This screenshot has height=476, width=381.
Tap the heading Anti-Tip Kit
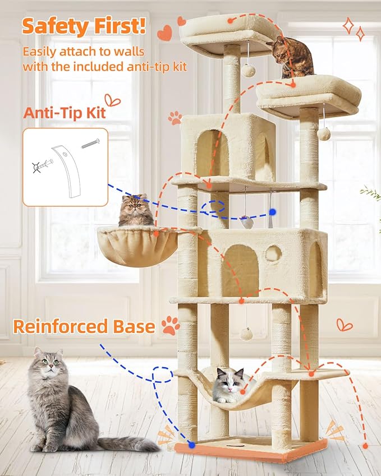click(64, 112)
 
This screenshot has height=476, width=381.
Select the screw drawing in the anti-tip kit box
click(90, 144)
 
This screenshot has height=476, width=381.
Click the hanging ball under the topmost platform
click(248, 70)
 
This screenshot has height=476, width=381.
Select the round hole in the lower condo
click(273, 253)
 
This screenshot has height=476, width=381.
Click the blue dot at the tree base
click(192, 445)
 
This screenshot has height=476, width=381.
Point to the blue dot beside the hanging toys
click(272, 212)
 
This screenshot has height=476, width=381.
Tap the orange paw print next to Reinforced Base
click(171, 325)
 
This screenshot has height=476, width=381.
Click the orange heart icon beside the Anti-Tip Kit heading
click(113, 101)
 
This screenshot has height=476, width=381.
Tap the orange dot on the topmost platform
click(229, 21)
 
